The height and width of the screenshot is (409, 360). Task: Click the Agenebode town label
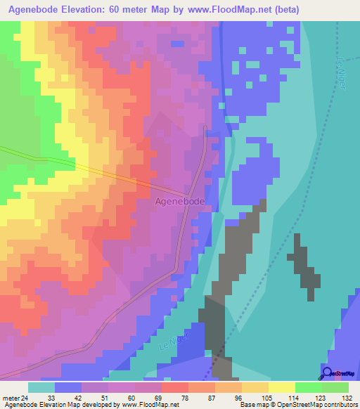(x=179, y=201)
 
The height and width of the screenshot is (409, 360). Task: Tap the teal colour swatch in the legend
(x=41, y=387)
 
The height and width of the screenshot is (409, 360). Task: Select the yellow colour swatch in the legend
(x=281, y=387)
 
